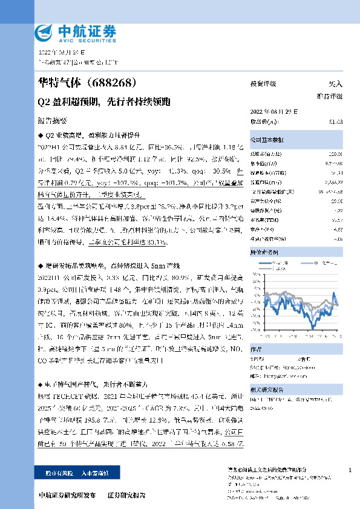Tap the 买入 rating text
click(x=335, y=85)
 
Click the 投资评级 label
click(x=263, y=85)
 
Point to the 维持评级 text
click(x=330, y=96)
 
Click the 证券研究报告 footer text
click(x=126, y=495)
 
